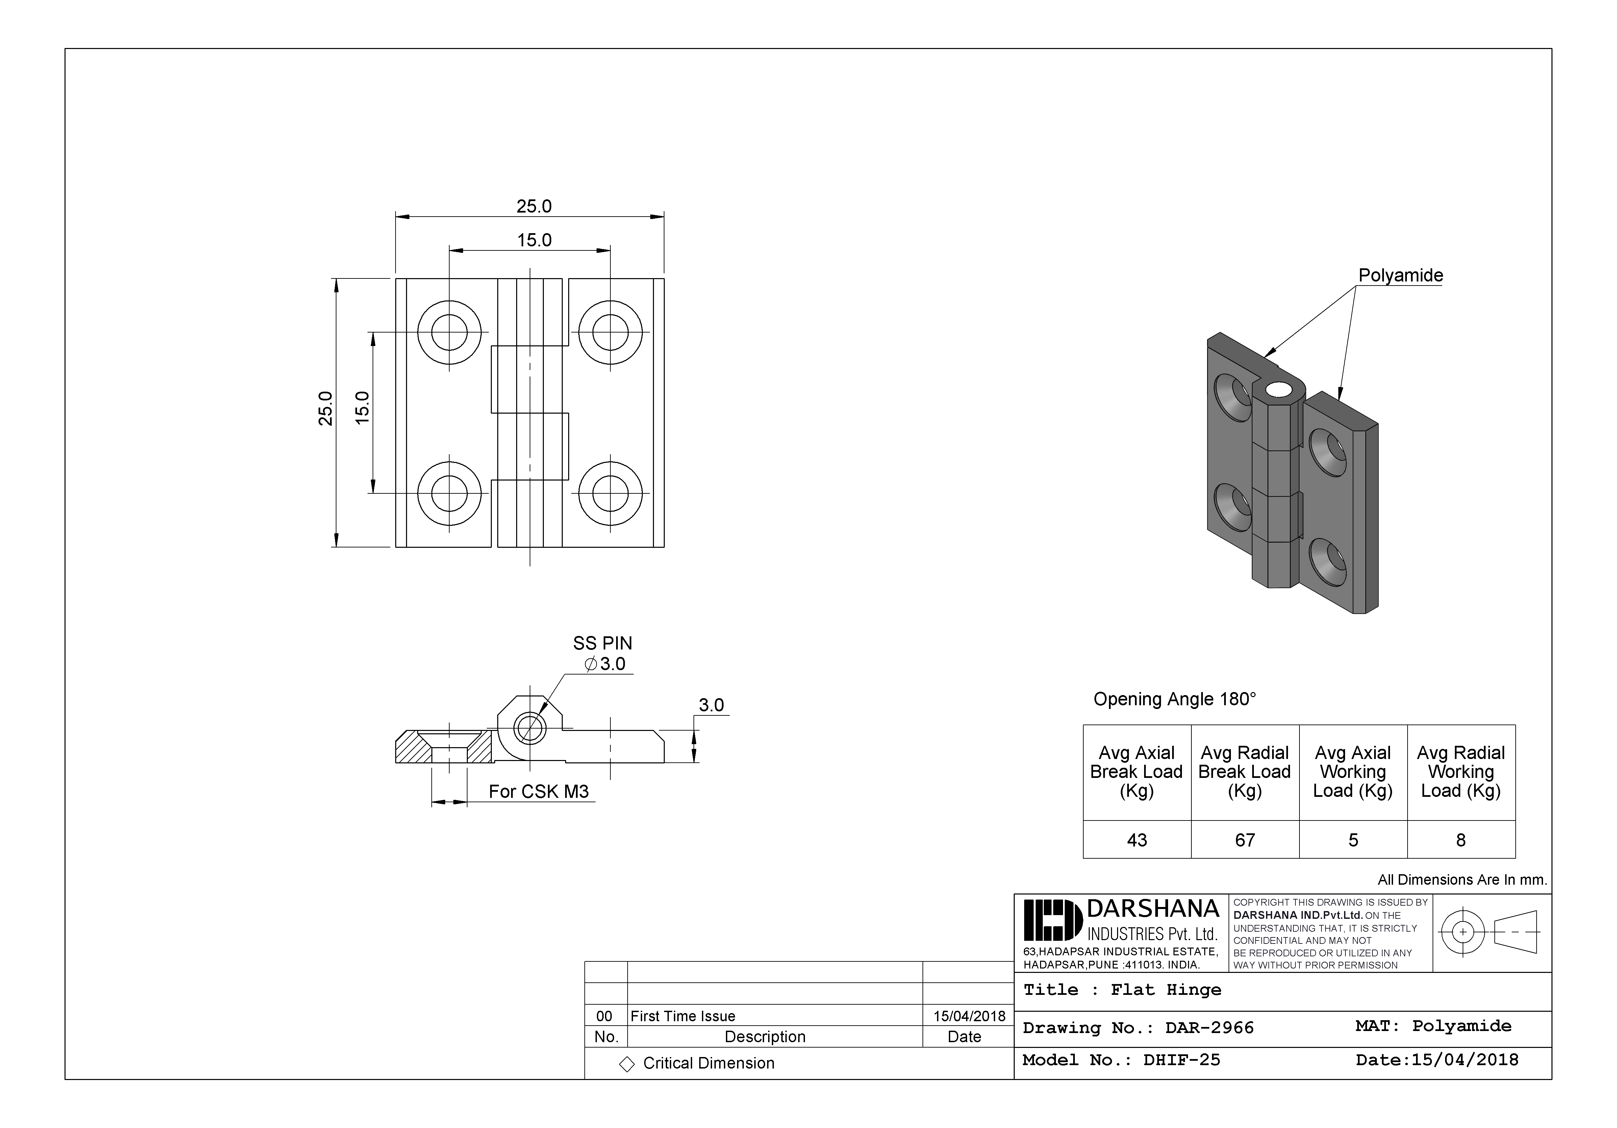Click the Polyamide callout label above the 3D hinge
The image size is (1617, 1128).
[x=1400, y=275]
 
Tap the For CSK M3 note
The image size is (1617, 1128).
[x=539, y=792]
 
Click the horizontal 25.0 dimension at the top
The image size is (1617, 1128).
[x=534, y=206]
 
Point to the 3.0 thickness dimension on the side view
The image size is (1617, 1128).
[x=711, y=705]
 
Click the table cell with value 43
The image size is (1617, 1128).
[x=1137, y=840]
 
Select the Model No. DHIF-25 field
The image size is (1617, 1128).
[x=1121, y=1060]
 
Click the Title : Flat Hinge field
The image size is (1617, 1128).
[x=1122, y=990]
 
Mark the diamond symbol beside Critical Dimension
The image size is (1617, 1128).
[x=626, y=1064]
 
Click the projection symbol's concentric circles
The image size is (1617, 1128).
[x=1463, y=932]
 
